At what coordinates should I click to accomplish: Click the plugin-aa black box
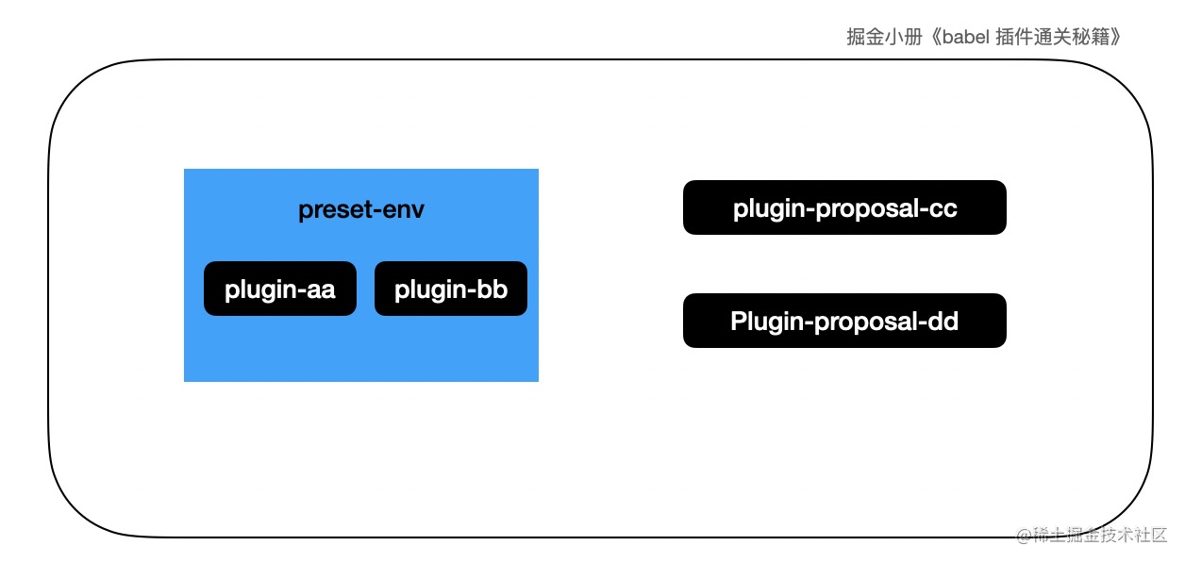280,289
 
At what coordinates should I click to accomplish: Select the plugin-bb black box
451,289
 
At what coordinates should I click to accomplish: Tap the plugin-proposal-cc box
844,207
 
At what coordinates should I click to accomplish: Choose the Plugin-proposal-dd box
844,321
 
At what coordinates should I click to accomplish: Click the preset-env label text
361,210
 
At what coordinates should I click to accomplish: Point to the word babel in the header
965,37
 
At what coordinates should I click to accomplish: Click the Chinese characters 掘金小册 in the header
884,37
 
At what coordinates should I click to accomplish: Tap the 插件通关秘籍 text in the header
1052,37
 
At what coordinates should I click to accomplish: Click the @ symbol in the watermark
1025,536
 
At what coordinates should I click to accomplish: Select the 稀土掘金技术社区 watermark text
1100,535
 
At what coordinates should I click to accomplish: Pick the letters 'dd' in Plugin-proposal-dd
943,321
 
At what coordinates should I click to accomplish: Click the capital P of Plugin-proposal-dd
739,321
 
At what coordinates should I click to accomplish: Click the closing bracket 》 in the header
1115,37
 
